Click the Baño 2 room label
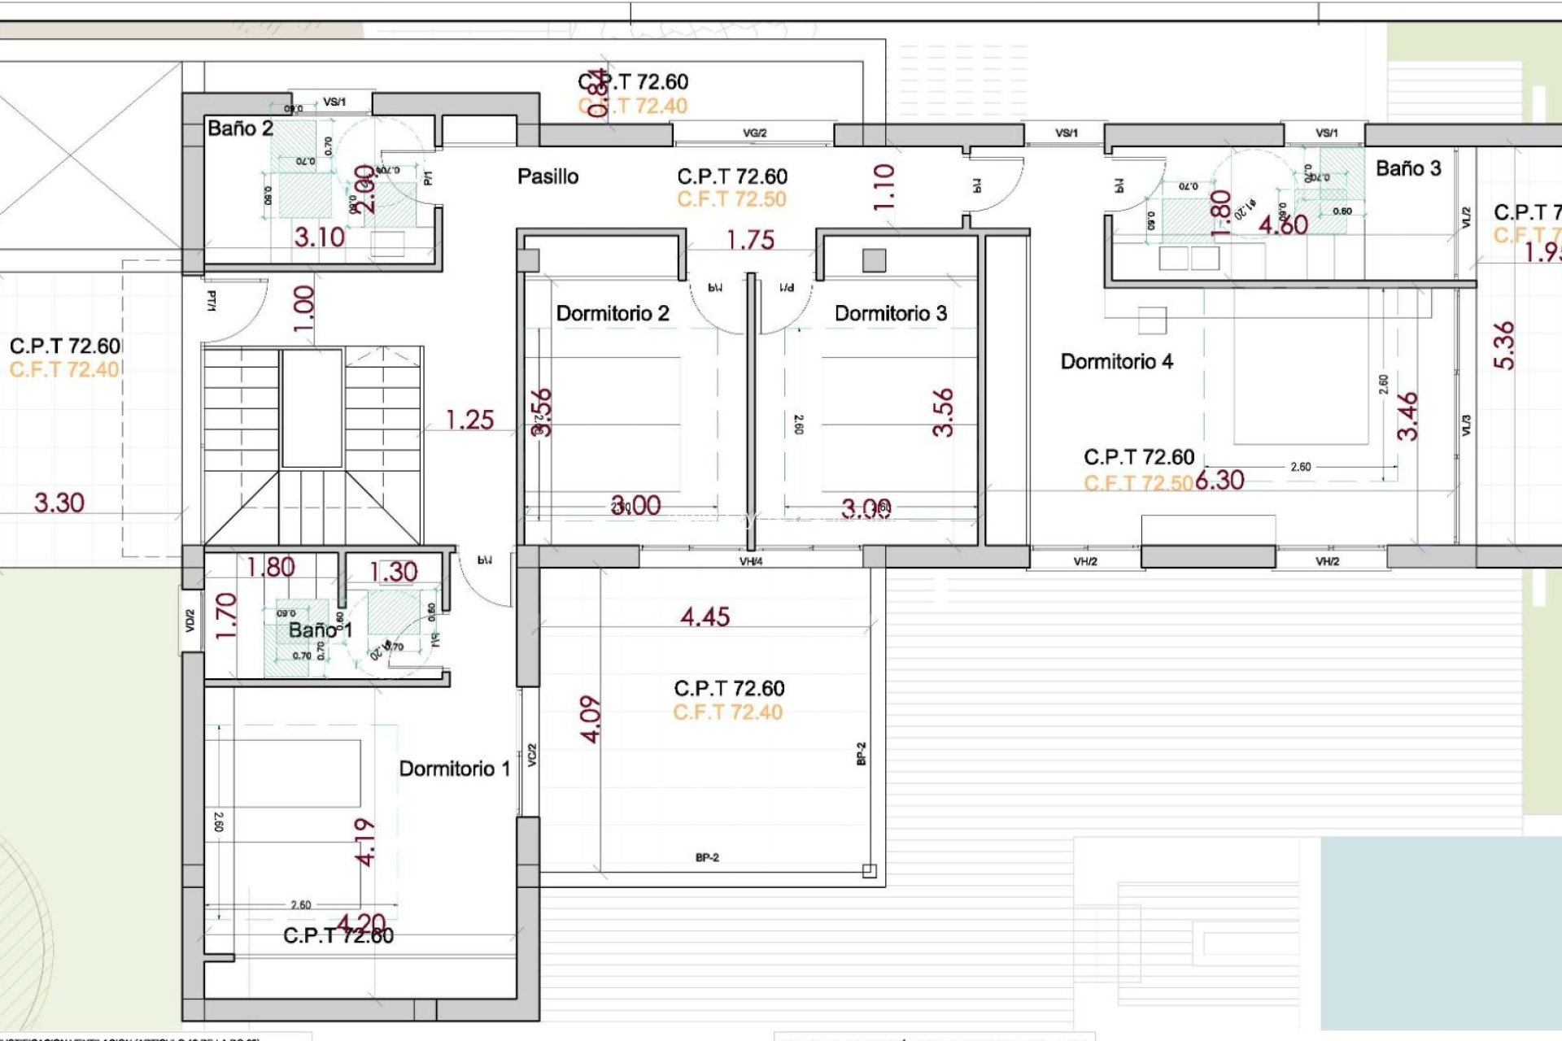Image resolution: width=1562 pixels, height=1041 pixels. pos(240,128)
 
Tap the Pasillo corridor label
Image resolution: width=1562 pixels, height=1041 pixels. pos(548,176)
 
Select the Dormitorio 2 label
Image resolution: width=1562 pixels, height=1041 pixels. pos(613,314)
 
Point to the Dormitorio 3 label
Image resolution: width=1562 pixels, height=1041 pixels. pos(891,314)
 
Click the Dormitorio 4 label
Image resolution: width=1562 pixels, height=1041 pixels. pos(1116,362)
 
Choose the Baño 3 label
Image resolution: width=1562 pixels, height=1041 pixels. pos(1408,168)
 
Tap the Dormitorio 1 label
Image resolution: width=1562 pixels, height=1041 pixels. pos(454,769)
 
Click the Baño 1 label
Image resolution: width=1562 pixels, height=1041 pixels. pos(320,630)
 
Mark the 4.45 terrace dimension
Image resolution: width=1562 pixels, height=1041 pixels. pos(705,617)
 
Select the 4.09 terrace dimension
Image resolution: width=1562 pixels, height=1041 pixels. pos(591,719)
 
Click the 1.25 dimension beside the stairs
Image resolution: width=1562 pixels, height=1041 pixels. pos(469,420)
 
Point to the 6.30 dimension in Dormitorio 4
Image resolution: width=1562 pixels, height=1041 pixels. pos(1219,481)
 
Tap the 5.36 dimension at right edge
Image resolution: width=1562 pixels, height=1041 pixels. pos(1504,346)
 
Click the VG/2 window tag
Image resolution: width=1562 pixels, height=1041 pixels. pos(754,133)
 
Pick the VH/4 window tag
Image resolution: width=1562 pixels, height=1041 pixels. pos(750,561)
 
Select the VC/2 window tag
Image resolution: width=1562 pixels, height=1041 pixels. pos(532,755)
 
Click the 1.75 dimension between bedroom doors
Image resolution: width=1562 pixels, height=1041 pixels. pos(750,241)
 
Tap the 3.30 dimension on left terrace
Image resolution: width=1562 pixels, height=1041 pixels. pos(59,503)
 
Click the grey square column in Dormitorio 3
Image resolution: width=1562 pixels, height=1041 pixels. pos(874,260)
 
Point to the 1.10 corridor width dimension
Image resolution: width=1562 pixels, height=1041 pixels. pos(884,187)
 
